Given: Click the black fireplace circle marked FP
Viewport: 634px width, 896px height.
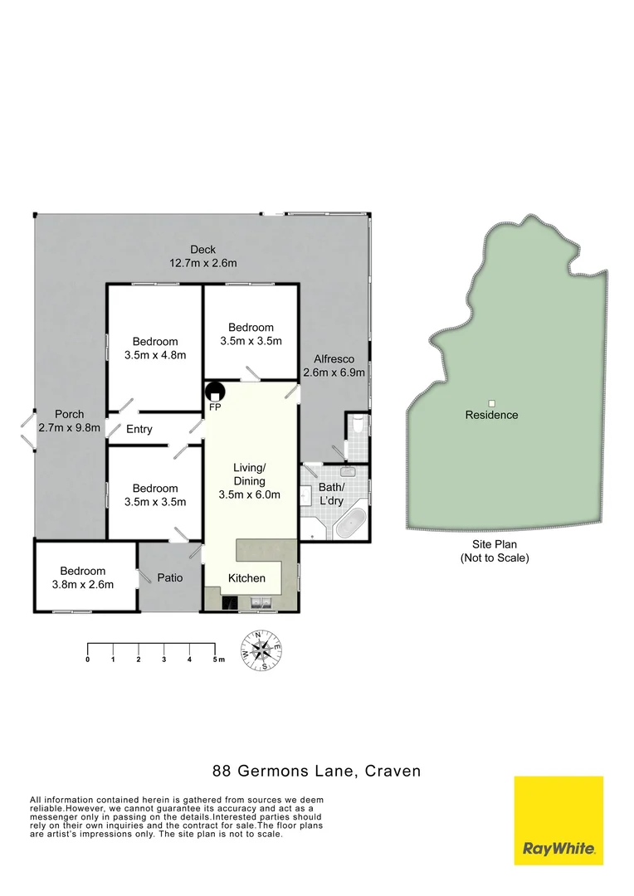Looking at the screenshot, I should coord(215,392).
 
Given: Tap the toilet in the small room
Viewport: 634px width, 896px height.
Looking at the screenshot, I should coord(358,424).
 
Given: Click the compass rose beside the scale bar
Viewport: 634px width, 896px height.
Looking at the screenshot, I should coord(262,650).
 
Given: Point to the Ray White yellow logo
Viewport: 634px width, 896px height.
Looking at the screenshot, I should coord(558,821).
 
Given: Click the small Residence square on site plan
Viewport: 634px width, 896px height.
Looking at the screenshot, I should coord(491,403).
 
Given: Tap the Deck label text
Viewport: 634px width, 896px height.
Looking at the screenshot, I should coord(202,250).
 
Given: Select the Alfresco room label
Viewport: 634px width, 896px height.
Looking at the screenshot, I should coord(334,359).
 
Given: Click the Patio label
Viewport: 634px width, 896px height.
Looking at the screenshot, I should coord(170,577).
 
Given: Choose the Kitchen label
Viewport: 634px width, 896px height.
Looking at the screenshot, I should coord(247,578).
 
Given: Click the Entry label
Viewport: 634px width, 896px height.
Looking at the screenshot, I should coord(139,429).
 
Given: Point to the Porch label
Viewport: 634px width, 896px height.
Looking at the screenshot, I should coord(70,415).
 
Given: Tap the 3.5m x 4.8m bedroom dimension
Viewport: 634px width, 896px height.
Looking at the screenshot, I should coord(154,354).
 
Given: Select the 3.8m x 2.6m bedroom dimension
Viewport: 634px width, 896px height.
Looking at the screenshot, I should coord(82,584).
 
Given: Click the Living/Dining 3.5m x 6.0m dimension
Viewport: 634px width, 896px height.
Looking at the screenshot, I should coord(249,495).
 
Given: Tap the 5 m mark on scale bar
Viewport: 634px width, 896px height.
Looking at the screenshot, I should coord(217,660).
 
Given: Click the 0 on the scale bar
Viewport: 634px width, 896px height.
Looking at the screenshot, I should coord(87,660).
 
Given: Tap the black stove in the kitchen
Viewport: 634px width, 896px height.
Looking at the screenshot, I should coord(229,603).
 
